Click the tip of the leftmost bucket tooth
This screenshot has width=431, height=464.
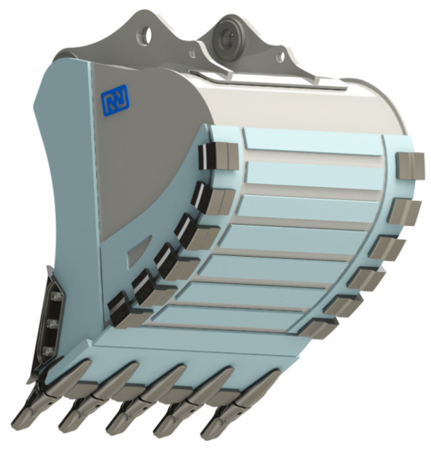point(17,423)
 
